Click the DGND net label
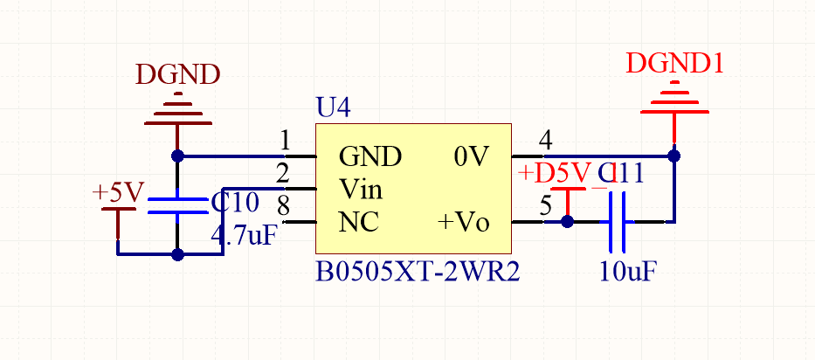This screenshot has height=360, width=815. (177, 75)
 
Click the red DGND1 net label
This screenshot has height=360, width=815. (674, 63)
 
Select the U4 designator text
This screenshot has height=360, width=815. (333, 109)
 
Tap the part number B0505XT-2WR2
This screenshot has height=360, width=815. (417, 272)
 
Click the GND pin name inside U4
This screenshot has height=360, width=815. (370, 157)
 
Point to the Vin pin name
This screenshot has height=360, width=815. (361, 189)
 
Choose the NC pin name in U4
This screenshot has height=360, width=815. (359, 222)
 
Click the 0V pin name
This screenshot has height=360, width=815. (472, 157)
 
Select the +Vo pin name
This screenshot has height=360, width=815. (463, 223)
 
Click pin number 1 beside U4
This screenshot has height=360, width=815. (285, 140)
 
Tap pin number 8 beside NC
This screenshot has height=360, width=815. (283, 206)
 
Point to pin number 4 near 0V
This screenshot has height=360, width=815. (546, 140)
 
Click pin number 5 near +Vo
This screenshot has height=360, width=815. (546, 207)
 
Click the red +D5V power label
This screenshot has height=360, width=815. (555, 172)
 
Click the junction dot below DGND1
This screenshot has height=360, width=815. (674, 156)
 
